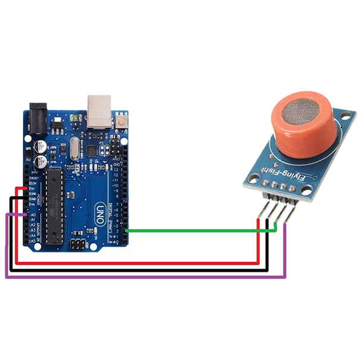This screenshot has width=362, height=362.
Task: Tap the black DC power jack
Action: [x=37, y=115]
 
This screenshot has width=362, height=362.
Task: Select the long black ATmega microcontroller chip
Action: [x=53, y=202]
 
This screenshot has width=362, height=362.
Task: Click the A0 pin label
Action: [x=33, y=215]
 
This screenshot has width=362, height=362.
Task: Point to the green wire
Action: [x=193, y=230]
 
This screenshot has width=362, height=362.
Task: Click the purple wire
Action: [x=145, y=277]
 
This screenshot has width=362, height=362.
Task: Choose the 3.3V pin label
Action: [x=33, y=183]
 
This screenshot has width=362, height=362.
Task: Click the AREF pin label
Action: [x=118, y=158]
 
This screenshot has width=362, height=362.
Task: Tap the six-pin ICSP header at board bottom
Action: [x=77, y=245]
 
